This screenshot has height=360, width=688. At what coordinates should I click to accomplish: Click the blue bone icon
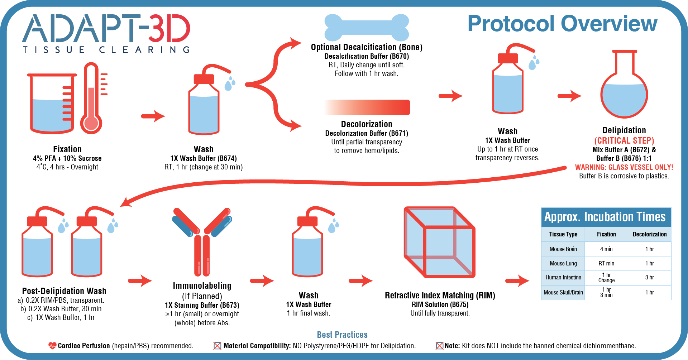pyautogui.click(x=367, y=27)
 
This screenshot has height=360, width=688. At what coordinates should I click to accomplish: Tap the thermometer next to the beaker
pyautogui.click(x=91, y=100)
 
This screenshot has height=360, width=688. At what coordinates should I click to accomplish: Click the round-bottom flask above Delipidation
pyautogui.click(x=624, y=90)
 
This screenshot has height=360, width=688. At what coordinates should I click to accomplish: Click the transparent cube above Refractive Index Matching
pyautogui.click(x=439, y=243)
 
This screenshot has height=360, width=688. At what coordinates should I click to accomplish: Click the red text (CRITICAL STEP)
pyautogui.click(x=624, y=141)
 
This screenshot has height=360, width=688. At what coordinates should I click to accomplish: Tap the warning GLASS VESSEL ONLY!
pyautogui.click(x=624, y=167)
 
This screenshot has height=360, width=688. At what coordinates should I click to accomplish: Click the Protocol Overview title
pyautogui.click(x=562, y=24)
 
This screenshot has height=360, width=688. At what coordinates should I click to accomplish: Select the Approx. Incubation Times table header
pyautogui.click(x=605, y=217)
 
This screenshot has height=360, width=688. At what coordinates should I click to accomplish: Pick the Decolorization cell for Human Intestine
pyautogui.click(x=649, y=278)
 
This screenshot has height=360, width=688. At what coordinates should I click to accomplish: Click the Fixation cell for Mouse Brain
pyautogui.click(x=606, y=249)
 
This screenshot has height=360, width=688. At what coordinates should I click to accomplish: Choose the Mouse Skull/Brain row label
pyautogui.click(x=563, y=293)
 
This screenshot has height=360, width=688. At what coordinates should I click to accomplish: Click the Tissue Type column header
pyautogui.click(x=563, y=234)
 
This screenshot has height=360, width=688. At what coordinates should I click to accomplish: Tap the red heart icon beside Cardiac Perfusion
pyautogui.click(x=52, y=346)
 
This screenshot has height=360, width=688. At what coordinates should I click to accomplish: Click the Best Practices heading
pyautogui.click(x=342, y=335)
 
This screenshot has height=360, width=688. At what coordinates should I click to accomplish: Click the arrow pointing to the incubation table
pyautogui.click(x=517, y=281)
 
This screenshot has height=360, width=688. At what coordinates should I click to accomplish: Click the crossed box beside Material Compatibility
pyautogui.click(x=217, y=346)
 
